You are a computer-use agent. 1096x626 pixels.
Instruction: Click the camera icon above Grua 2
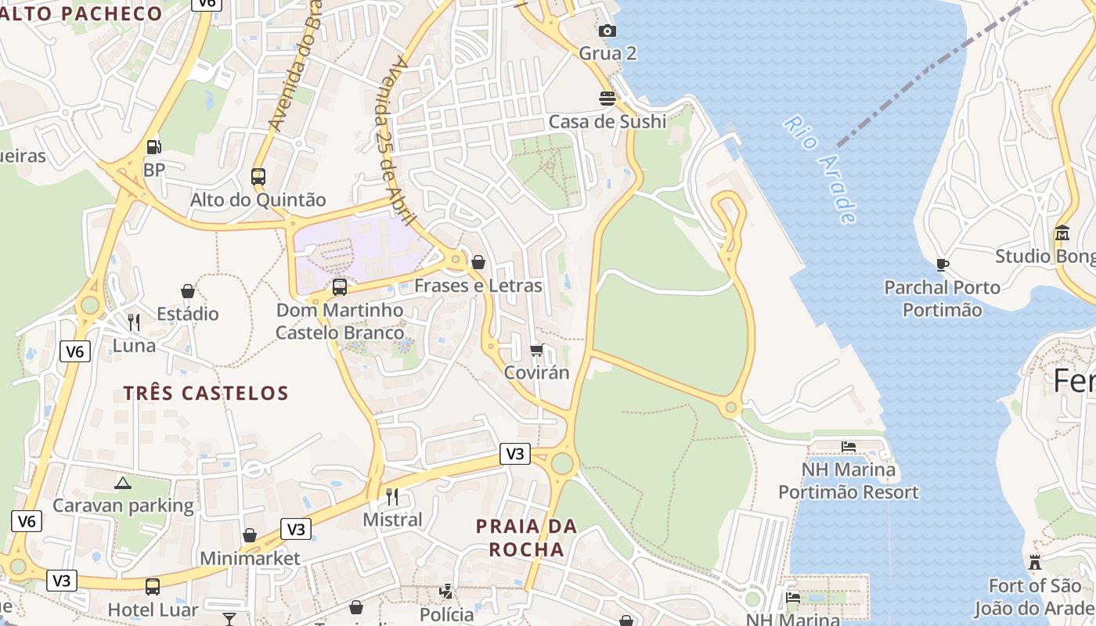click(x=607, y=31)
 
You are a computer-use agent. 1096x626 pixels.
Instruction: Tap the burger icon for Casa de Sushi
click(x=607, y=98)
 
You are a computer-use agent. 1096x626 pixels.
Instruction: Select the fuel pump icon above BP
click(x=154, y=146)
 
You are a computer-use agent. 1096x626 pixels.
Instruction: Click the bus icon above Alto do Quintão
click(x=258, y=176)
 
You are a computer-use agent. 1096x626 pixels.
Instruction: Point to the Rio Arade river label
click(x=820, y=170)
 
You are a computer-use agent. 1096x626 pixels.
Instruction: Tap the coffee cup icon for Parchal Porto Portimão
click(x=943, y=264)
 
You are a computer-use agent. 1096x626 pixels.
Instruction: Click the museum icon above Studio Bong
click(x=1062, y=233)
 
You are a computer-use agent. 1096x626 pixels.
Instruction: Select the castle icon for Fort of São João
click(x=1035, y=562)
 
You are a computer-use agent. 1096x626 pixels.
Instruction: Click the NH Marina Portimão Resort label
click(x=849, y=481)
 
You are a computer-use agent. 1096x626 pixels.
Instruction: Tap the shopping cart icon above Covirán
click(x=536, y=350)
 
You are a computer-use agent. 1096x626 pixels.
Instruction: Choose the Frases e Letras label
click(x=478, y=286)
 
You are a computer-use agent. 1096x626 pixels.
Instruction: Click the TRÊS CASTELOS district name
click(x=206, y=393)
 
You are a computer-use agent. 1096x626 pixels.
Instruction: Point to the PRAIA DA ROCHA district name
click(x=526, y=538)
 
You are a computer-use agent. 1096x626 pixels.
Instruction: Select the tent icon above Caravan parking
click(x=122, y=483)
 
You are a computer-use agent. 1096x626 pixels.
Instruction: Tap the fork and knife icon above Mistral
click(x=392, y=496)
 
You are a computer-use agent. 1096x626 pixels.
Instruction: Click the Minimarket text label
click(x=250, y=558)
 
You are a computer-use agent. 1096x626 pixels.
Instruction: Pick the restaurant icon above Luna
click(x=134, y=322)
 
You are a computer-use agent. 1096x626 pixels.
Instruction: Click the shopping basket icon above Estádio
click(x=188, y=291)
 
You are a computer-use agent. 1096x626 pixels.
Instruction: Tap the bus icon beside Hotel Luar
click(x=153, y=586)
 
